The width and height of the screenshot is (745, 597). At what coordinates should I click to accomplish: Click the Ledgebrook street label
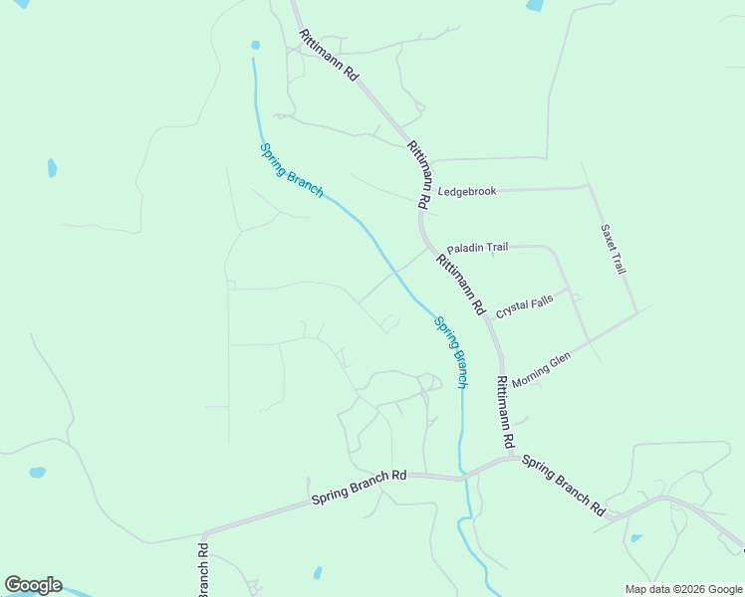[467, 191]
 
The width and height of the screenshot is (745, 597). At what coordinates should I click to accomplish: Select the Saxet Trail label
[613, 248]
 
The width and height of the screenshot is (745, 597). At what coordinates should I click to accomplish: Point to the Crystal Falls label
[524, 303]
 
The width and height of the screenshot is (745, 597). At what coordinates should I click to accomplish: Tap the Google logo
[33, 585]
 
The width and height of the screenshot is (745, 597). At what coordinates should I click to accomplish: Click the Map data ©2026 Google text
[683, 589]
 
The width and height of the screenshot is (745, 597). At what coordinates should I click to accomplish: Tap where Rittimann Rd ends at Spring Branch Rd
[511, 458]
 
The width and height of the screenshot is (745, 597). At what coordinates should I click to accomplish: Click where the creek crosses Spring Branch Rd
[462, 479]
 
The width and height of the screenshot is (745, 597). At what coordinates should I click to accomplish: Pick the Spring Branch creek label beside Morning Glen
[451, 351]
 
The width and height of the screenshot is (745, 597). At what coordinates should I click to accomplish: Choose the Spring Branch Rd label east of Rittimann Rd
[563, 486]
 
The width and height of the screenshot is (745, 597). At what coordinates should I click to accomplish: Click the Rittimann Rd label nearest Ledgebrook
[419, 174]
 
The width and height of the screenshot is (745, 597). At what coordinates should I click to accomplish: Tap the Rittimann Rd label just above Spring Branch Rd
[505, 411]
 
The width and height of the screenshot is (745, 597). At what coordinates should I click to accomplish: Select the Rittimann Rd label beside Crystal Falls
[459, 283]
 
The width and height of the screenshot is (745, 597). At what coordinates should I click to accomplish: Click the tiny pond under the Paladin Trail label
[492, 257]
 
